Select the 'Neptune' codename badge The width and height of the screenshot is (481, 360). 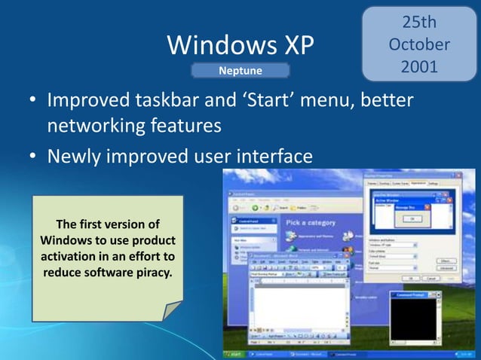(x=240, y=72)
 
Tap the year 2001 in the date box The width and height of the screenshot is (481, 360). (x=418, y=66)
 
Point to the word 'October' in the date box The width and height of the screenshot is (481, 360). (x=418, y=44)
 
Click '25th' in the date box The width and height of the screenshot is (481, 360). (x=418, y=23)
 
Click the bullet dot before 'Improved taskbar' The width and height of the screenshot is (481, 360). (x=33, y=101)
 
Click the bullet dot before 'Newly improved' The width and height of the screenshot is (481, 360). (x=33, y=157)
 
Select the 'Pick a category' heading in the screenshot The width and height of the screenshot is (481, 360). (x=316, y=223)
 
